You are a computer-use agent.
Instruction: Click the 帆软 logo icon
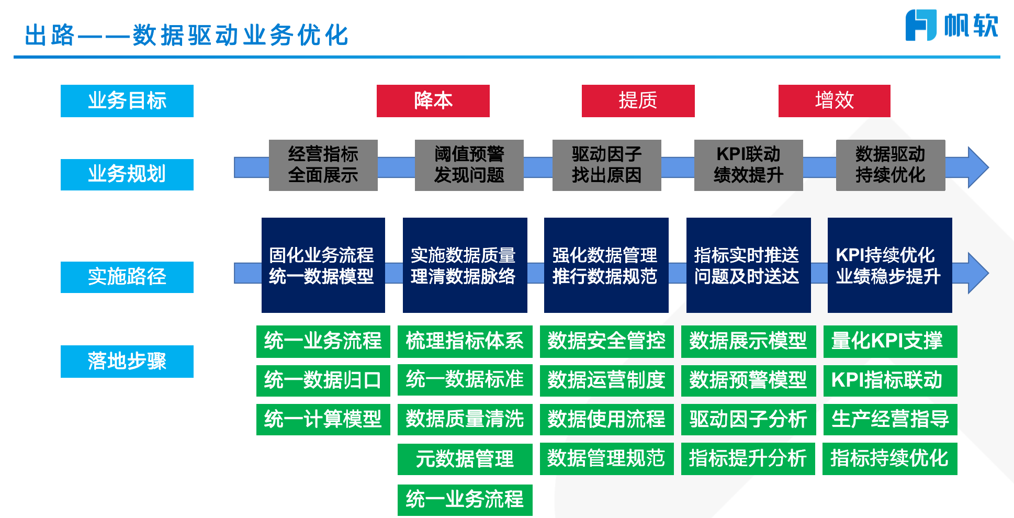(920, 25)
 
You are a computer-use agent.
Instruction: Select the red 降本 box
(433, 100)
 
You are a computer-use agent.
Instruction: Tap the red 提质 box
(638, 100)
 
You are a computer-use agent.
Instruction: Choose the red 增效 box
(834, 100)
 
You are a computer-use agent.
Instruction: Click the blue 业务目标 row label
(127, 100)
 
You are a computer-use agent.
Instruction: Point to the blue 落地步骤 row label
(127, 361)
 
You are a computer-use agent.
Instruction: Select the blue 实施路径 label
(127, 277)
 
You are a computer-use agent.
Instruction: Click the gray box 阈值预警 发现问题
(469, 165)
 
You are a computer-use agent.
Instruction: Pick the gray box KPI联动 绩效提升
(748, 165)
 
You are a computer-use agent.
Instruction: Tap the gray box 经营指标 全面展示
(323, 165)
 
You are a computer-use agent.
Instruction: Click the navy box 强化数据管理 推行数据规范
(606, 265)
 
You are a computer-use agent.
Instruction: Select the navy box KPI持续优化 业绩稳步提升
(889, 265)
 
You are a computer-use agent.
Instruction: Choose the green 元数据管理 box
(465, 459)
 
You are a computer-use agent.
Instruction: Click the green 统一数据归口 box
(323, 380)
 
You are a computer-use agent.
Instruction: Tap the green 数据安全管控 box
(606, 341)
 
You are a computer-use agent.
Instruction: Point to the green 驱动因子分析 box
(748, 419)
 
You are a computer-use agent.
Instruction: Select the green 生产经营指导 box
(890, 419)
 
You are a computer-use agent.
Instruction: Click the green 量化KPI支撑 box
(890, 341)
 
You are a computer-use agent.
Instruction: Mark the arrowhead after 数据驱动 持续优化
(976, 167)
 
